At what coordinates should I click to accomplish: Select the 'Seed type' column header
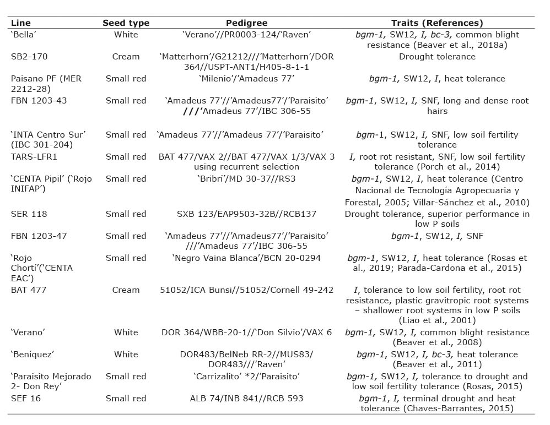coord(126,23)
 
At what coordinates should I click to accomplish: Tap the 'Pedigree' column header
coord(246,23)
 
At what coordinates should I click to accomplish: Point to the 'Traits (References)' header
coord(437,23)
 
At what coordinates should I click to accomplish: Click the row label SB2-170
coord(29,56)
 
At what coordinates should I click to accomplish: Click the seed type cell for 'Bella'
coord(126,35)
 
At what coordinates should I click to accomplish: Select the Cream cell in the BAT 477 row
coord(126,290)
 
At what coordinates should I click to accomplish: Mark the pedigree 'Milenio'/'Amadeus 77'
coord(246,79)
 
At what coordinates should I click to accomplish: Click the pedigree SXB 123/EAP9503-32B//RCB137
coord(246,214)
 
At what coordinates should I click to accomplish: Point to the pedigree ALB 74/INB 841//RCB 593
coord(246,398)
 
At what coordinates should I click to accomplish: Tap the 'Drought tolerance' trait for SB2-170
coord(437,56)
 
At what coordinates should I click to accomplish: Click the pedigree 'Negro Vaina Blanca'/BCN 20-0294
coord(246,258)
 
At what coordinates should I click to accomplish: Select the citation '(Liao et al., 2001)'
coord(437,320)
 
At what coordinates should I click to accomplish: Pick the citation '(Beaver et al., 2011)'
coord(437,364)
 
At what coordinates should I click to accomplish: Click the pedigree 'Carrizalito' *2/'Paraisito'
coord(246,377)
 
